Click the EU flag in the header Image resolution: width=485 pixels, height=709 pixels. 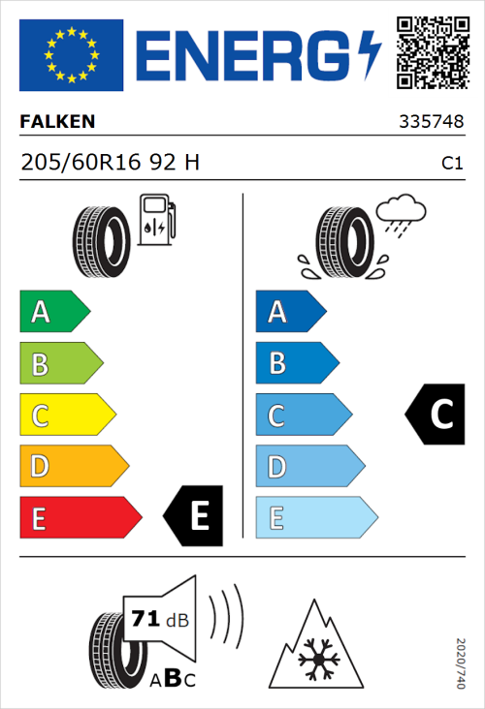71,54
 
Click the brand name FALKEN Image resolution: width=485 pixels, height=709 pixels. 57,122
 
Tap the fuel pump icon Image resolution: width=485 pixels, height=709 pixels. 155,220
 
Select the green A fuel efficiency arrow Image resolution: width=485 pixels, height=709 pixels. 53,313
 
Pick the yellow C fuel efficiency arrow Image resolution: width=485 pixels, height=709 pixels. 66,416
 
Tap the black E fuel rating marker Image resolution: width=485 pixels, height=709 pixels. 195,515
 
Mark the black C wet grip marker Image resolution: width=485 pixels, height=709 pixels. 436,415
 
